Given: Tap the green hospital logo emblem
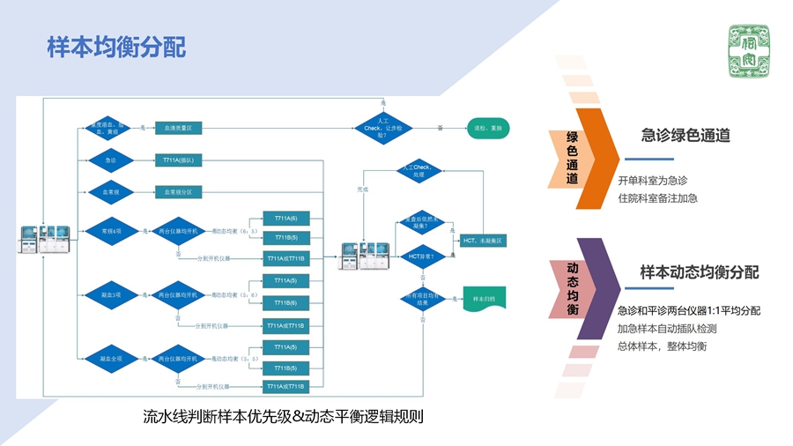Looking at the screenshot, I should [747, 49].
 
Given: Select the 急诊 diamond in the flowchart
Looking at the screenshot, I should [110, 160].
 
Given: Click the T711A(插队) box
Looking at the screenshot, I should [179, 160].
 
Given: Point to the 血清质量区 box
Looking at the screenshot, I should [179, 129].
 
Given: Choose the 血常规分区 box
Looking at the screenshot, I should [179, 191].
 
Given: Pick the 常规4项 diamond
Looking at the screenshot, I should [110, 232].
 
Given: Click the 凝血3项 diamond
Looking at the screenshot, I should [110, 294].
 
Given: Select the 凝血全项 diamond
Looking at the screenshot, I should [110, 358].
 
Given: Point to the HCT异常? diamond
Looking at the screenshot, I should [422, 256].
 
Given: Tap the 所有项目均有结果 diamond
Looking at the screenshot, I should [422, 299].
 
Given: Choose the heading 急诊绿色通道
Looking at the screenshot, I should [686, 136].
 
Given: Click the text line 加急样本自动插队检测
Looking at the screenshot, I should [667, 329].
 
